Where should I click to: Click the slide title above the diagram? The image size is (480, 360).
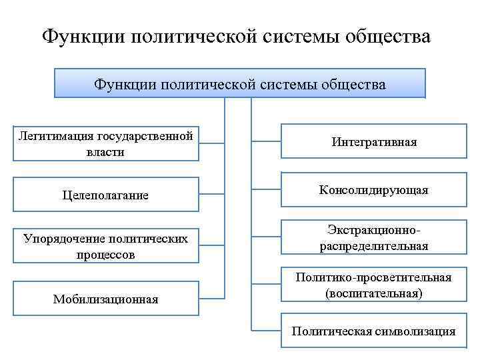[x=237, y=36]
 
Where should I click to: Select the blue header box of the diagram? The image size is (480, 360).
[x=239, y=85]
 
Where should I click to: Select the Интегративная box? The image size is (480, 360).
[x=373, y=142]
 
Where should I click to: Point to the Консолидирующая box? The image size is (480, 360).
[x=373, y=191]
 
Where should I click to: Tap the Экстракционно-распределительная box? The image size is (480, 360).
[x=373, y=237]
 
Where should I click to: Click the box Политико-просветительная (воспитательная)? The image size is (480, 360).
[x=373, y=285]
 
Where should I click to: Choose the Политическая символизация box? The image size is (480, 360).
[x=373, y=331]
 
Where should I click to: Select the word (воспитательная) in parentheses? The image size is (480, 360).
[x=373, y=293]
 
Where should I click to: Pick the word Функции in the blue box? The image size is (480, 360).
[x=119, y=85]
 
